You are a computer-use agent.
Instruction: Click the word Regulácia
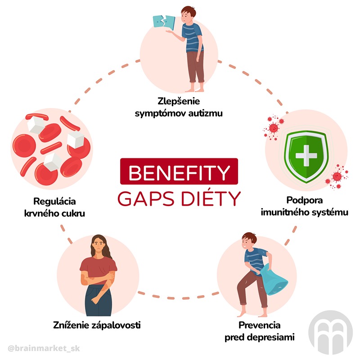(55, 201)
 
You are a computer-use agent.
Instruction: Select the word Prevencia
(260, 325)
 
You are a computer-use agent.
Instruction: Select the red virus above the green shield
(273, 126)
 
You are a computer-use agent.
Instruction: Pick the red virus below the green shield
(336, 178)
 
